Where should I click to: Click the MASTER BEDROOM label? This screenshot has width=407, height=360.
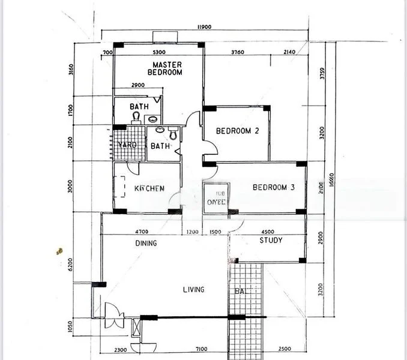167,68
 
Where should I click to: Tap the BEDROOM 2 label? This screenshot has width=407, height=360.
237,131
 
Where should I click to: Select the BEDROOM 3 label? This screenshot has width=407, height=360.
273,188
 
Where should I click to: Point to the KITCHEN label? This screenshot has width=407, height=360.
149,188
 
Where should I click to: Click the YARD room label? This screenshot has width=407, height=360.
127,145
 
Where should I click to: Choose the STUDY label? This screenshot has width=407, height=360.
271,241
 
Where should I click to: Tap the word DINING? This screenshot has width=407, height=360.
146,244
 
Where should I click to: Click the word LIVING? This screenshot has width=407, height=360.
193,290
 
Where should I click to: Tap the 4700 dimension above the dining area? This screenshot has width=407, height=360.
142,232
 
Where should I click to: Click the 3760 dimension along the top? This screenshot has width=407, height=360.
238,53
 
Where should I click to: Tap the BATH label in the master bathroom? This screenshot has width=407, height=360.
139,107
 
